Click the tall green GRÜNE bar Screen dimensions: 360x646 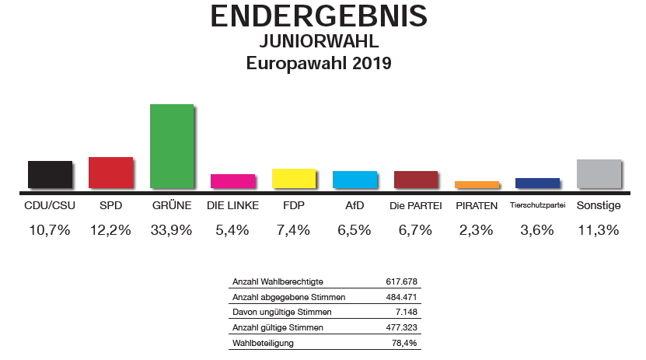[171, 145]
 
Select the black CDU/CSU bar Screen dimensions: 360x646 [50, 174]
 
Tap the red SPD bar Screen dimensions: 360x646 [110, 172]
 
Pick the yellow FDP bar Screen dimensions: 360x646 [293, 178]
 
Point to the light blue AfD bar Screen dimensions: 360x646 [354, 179]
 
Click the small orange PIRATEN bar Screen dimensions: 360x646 [476, 184]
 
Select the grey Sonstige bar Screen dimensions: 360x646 [599, 173]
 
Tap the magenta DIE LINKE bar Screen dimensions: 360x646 [232, 180]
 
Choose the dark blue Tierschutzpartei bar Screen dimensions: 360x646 [537, 183]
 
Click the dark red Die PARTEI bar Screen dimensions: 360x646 [415, 179]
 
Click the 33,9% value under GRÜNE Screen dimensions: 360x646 [172, 230]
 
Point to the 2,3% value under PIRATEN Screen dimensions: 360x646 [477, 230]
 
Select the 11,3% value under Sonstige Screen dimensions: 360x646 [599, 230]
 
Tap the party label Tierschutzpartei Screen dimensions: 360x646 [537, 207]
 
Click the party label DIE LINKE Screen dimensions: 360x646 [232, 207]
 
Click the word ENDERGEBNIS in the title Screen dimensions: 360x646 [319, 16]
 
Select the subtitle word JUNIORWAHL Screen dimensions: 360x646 [319, 41]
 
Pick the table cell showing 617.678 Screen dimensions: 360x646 [402, 281]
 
